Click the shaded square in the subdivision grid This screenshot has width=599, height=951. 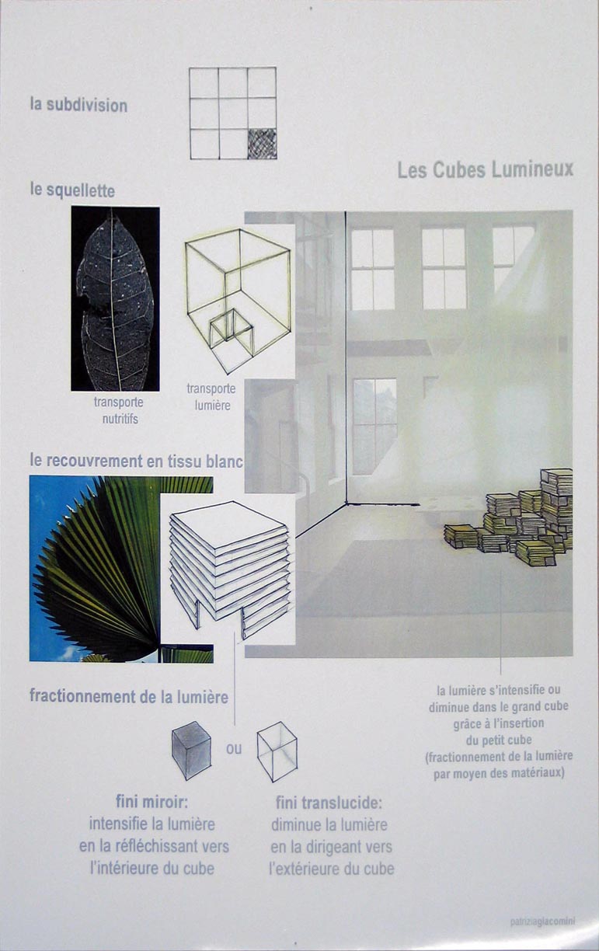pos(262,145)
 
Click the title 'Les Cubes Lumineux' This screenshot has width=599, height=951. pos(486,170)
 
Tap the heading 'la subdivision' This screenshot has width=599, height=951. pos(78,105)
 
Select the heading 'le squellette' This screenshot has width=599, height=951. pos(72,190)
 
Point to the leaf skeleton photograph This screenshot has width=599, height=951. pos(116,299)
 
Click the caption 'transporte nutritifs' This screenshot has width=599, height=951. pos(120,410)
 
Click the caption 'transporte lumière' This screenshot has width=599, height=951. pos(211,397)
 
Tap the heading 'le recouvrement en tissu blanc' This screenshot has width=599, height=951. pos(136,461)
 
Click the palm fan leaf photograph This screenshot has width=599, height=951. pos(121,569)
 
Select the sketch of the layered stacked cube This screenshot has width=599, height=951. pos(229,568)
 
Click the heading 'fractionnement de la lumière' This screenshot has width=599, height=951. pos(129,697)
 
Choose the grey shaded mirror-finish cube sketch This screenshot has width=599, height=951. pos(191,751)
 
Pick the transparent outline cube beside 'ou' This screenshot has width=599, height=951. pos(277,751)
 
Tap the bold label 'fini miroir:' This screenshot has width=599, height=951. pos(152,802)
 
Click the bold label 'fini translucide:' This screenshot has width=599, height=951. pos(329,803)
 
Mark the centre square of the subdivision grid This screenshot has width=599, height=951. pos(233,113)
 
